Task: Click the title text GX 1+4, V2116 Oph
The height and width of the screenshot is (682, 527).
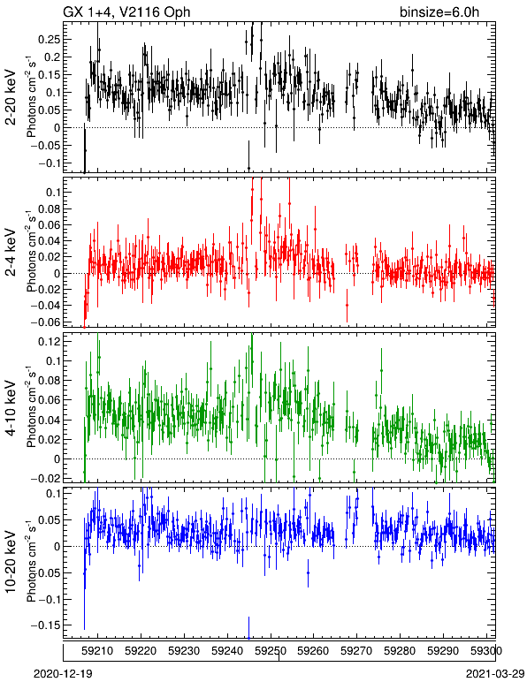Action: click(126, 11)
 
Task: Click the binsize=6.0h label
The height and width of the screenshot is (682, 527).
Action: click(439, 11)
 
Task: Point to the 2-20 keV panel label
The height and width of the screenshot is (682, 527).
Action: click(11, 97)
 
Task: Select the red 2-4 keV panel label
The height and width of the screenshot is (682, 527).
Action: click(11, 253)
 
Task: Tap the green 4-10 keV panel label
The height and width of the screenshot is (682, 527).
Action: click(11, 408)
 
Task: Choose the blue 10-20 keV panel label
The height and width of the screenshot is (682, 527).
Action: click(11, 562)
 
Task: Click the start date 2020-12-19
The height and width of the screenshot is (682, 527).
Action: click(63, 674)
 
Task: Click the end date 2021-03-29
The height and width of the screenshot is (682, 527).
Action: click(495, 674)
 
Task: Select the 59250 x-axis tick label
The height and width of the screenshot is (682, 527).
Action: click(271, 651)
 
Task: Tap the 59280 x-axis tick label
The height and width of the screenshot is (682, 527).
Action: click(400, 651)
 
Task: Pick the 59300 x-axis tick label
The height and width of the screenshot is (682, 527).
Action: click(486, 651)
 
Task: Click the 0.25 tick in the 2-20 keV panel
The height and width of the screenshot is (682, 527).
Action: click(49, 40)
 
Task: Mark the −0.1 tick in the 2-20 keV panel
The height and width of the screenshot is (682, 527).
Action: click(49, 163)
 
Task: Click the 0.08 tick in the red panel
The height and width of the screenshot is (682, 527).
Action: click(49, 208)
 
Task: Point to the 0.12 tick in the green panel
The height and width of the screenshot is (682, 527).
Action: click(49, 342)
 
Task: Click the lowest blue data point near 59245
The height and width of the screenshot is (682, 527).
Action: click(249, 638)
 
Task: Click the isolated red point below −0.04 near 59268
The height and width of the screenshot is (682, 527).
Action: click(347, 306)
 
